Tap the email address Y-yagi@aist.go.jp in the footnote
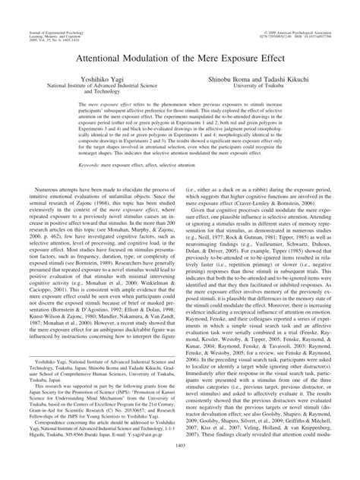coord(120,457)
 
